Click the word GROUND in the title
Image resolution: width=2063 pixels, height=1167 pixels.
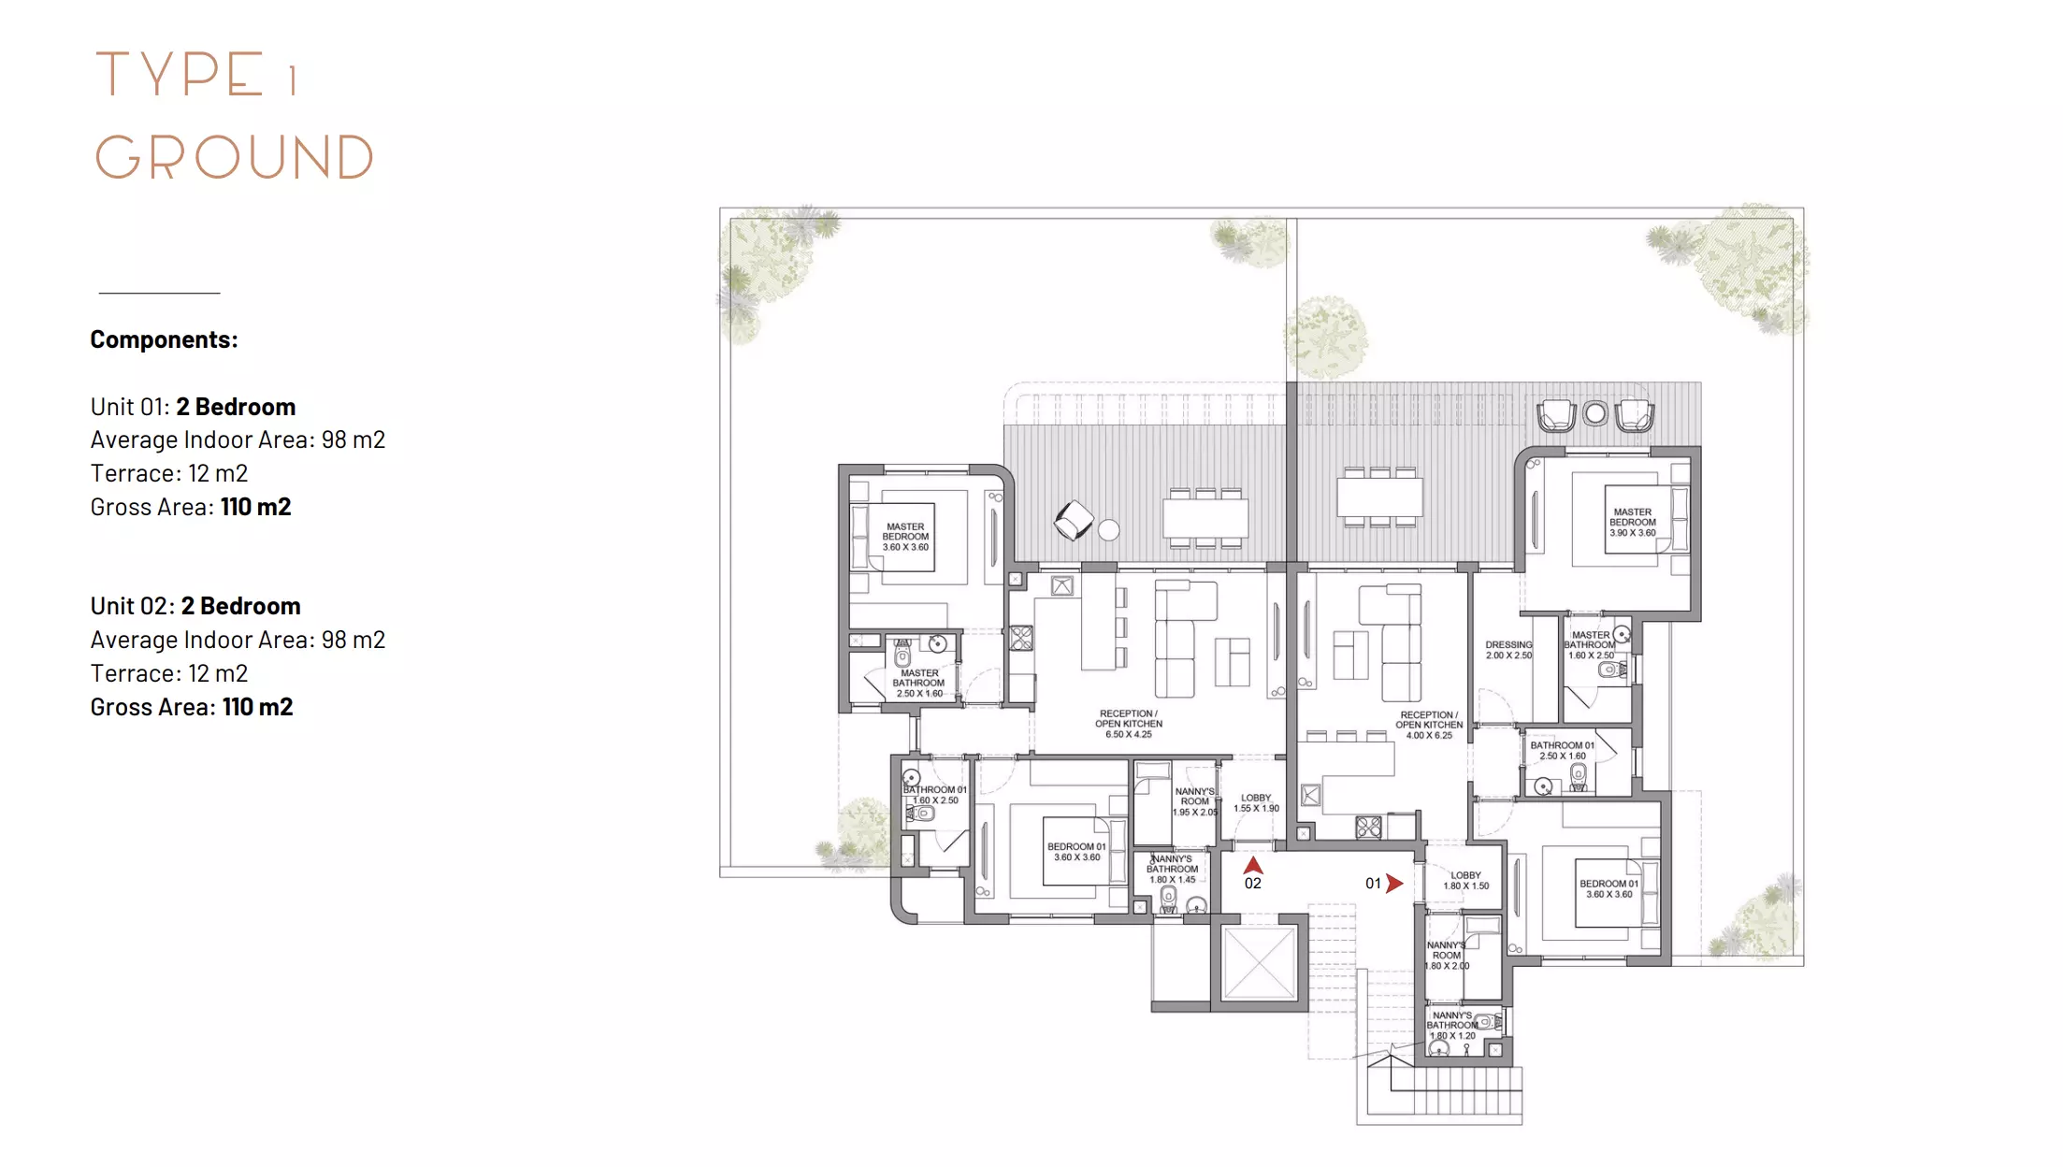click(234, 157)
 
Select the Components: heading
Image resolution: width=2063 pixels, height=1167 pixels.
click(164, 339)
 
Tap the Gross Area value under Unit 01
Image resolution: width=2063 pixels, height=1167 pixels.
click(256, 507)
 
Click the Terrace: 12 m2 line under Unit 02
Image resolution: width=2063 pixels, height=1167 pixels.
click(169, 673)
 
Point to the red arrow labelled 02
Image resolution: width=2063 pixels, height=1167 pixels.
click(1253, 865)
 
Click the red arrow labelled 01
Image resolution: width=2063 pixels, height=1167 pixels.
click(1394, 884)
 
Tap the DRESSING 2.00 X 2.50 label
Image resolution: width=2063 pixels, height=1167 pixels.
click(1508, 650)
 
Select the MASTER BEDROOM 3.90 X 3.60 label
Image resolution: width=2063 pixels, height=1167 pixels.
click(1633, 523)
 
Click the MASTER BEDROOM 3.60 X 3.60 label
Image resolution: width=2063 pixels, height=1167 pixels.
click(906, 537)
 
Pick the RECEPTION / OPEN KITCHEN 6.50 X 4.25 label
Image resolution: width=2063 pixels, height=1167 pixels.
click(1129, 724)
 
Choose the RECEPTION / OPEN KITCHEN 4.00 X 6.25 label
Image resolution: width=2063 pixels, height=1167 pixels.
click(1429, 725)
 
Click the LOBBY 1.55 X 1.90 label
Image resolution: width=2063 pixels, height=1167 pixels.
click(1256, 803)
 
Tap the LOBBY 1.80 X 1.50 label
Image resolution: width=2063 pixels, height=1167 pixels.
click(1466, 881)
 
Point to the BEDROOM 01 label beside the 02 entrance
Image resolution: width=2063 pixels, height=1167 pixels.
click(1076, 852)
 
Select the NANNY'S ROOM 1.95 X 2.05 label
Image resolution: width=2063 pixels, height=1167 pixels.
click(1195, 801)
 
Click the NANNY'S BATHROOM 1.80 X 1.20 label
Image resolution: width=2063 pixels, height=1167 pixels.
click(1452, 1026)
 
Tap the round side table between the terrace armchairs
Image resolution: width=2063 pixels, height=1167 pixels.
click(1595, 413)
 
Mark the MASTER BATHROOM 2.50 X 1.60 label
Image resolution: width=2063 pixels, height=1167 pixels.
click(919, 684)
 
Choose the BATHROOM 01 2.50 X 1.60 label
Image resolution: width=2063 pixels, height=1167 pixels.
click(1563, 751)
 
